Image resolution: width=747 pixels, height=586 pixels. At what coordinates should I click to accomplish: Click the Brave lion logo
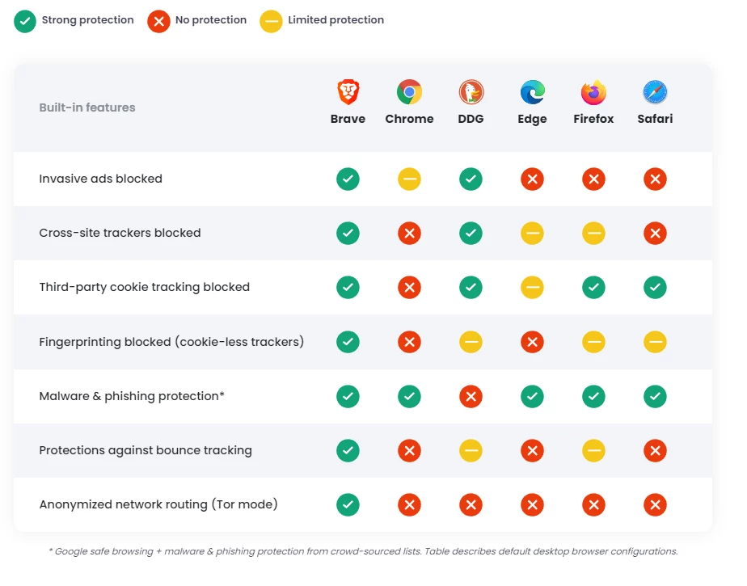tap(348, 92)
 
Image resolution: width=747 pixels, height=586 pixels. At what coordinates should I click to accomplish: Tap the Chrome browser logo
tap(409, 92)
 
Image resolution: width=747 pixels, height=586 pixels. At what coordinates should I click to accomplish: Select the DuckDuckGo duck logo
tap(471, 92)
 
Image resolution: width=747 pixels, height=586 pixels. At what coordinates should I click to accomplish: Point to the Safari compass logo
tap(655, 92)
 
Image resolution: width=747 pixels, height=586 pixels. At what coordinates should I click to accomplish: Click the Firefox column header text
tap(593, 119)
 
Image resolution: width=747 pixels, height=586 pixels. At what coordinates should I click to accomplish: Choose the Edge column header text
tap(532, 119)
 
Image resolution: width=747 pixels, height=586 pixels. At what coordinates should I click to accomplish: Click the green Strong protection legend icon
tap(25, 21)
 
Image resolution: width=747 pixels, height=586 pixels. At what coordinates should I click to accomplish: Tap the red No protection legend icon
tap(158, 21)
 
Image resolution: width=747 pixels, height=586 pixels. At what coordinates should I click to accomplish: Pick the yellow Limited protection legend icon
tap(271, 21)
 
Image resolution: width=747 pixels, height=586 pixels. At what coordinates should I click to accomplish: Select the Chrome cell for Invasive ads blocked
tap(409, 179)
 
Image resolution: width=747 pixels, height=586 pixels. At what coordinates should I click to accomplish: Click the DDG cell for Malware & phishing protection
tap(471, 396)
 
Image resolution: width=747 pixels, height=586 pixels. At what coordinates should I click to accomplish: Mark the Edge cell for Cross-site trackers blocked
tap(532, 234)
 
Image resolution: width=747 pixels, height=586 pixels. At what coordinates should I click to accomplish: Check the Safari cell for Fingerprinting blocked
tap(655, 342)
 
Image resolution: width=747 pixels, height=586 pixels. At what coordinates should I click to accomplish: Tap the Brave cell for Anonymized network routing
tap(348, 505)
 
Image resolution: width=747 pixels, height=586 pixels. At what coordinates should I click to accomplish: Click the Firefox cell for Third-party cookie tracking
tap(593, 288)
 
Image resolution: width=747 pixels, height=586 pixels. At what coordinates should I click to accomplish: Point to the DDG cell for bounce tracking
tap(471, 451)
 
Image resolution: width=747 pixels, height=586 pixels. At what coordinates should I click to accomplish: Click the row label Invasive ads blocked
tap(100, 179)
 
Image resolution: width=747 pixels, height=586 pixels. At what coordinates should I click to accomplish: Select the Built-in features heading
tap(87, 108)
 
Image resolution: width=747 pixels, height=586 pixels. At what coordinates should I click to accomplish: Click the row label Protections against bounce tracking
tap(146, 450)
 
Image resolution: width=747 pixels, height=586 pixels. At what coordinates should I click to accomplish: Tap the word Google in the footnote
tap(72, 551)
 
